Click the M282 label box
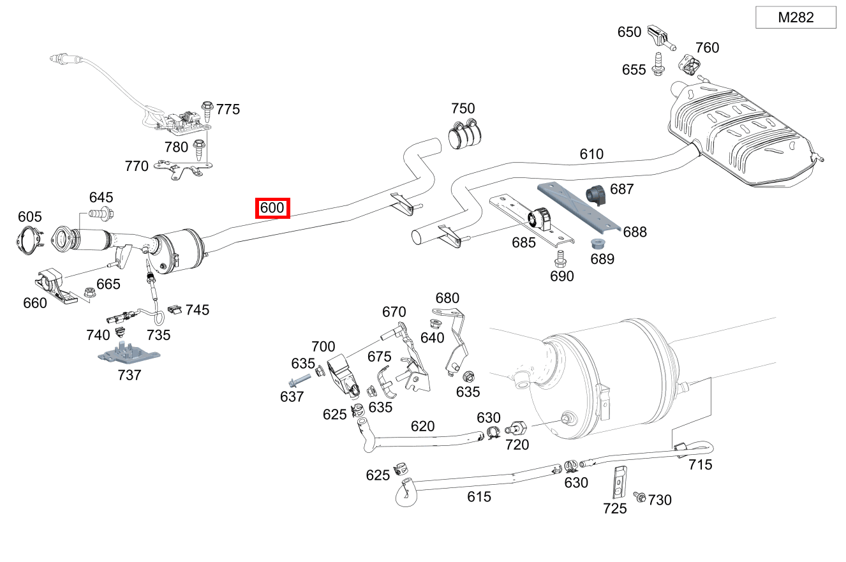(796, 18)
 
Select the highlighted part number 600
(272, 208)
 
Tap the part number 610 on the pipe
(591, 154)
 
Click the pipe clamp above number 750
(466, 133)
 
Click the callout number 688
(635, 232)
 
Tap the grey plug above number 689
(598, 244)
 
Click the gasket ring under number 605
(28, 240)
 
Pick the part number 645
(101, 197)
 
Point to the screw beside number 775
(207, 110)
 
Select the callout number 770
(137, 166)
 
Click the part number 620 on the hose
(422, 426)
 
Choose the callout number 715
(700, 465)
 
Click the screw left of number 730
(638, 496)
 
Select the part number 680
(447, 298)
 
